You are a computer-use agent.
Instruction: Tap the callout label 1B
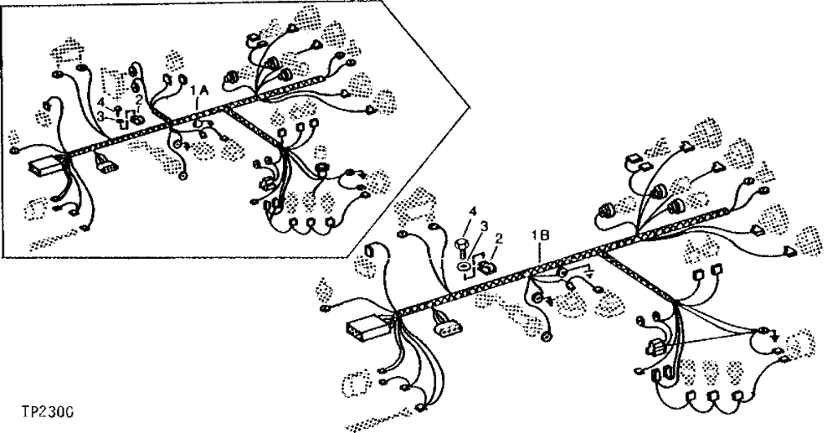(540, 236)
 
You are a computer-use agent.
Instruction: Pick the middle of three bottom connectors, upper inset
(309, 224)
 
